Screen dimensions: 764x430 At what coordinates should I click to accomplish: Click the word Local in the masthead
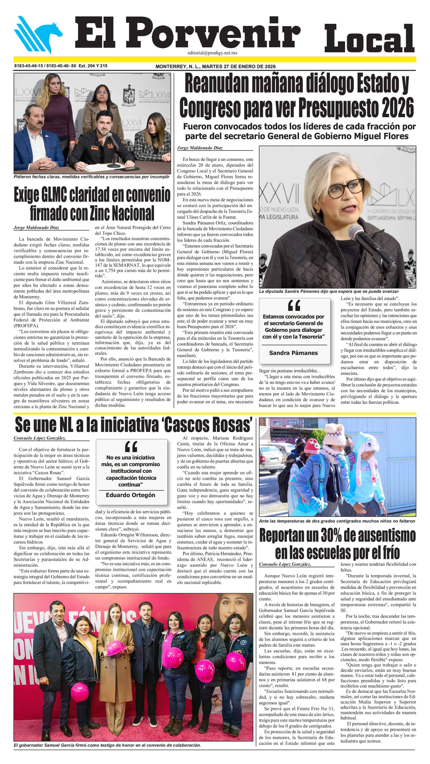(369, 39)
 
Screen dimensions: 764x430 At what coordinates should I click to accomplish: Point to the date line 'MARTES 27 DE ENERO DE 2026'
(239, 66)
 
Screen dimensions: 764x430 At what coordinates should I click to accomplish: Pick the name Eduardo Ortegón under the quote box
(130, 495)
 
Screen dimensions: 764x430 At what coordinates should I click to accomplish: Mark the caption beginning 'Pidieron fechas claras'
(91, 177)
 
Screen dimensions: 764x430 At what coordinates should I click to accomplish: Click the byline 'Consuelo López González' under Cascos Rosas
(40, 438)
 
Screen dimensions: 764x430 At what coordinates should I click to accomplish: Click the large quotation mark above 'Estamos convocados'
(294, 305)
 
